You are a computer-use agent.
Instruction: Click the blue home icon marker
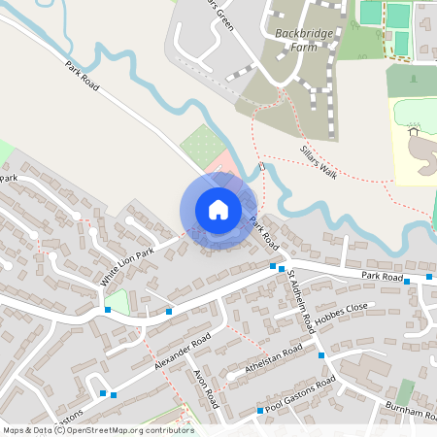[x=218, y=209]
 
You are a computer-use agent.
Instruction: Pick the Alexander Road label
[x=182, y=353]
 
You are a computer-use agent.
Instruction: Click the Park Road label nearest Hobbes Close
[x=382, y=277]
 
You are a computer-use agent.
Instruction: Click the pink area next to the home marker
[x=222, y=160]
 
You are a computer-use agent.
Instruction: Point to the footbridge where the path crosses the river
[x=262, y=169]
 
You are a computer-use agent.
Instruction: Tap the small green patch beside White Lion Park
[x=118, y=300]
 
